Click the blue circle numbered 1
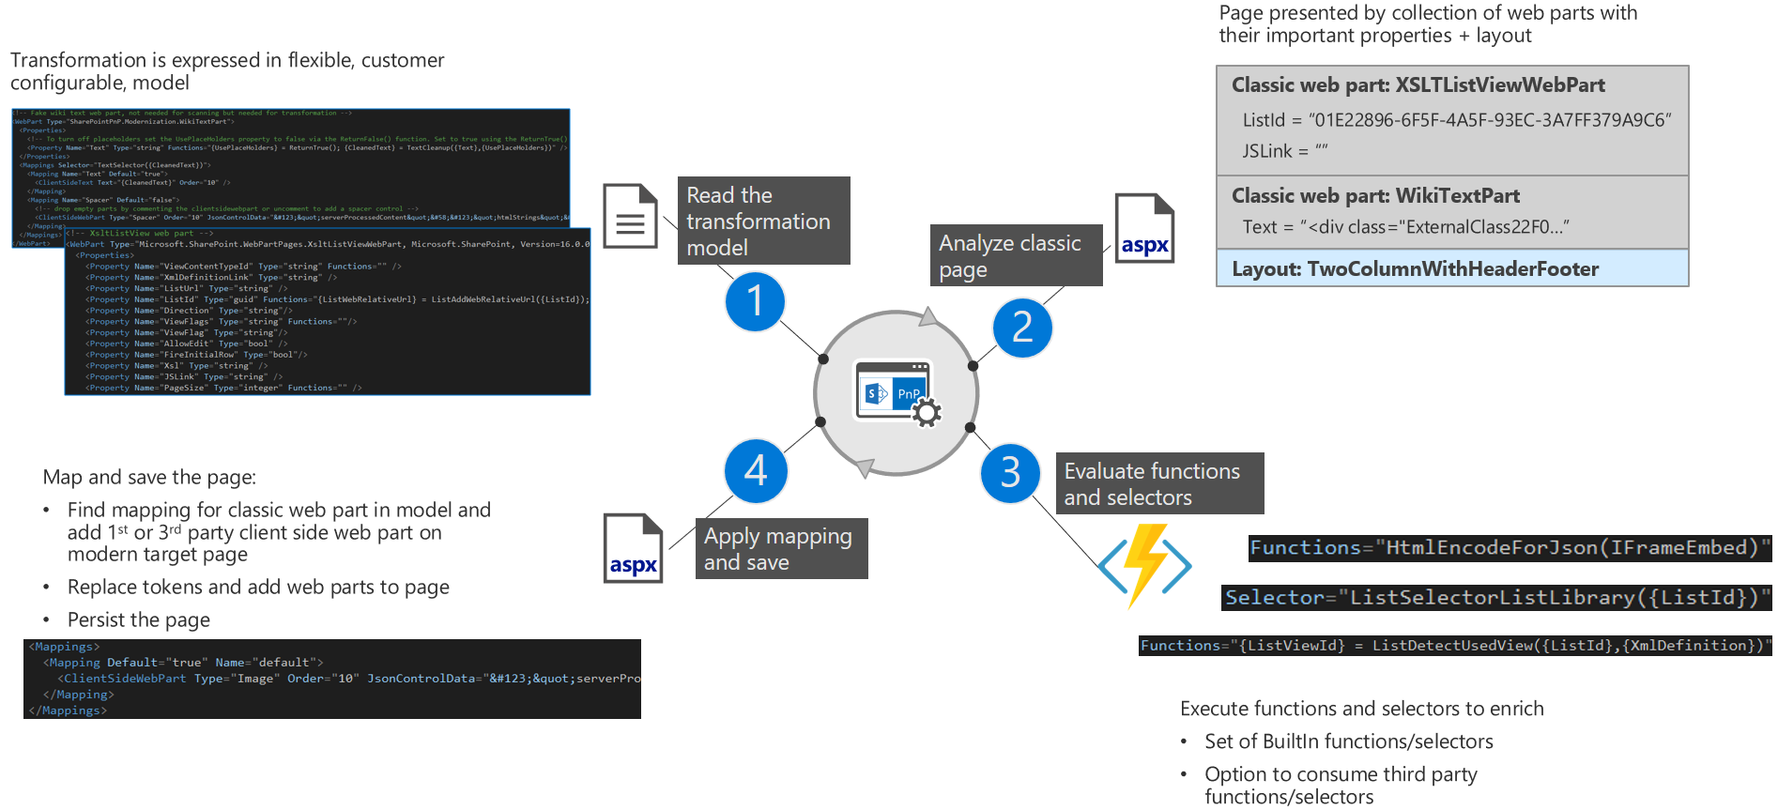[x=755, y=301]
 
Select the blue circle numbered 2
[x=1022, y=328]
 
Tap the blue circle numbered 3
[x=1010, y=473]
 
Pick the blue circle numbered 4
[x=756, y=470]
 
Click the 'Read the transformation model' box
[x=763, y=221]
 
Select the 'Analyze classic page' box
[x=1016, y=255]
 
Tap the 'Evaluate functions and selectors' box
[x=1159, y=483]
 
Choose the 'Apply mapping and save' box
[x=781, y=548]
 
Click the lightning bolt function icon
[x=1145, y=565]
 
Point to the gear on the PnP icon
[x=927, y=412]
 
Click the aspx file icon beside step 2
[x=1144, y=228]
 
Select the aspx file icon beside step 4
[x=633, y=548]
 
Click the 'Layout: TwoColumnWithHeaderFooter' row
[x=1451, y=268]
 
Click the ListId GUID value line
[x=1456, y=120]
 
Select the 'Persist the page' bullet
[x=139, y=619]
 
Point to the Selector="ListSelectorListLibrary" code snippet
[x=1496, y=598]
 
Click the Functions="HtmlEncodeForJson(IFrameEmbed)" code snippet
[x=1509, y=548]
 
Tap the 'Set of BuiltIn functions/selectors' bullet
[x=1348, y=741]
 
